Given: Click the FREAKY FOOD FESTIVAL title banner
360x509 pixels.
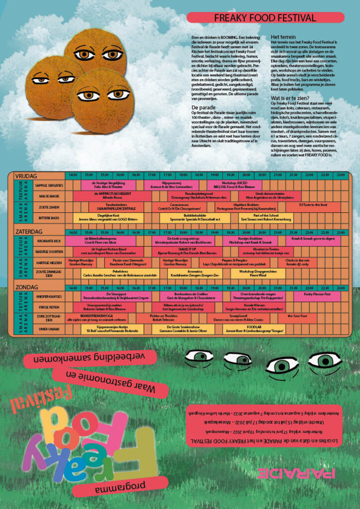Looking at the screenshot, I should point(265,18).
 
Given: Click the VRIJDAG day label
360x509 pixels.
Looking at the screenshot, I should point(26,175).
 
